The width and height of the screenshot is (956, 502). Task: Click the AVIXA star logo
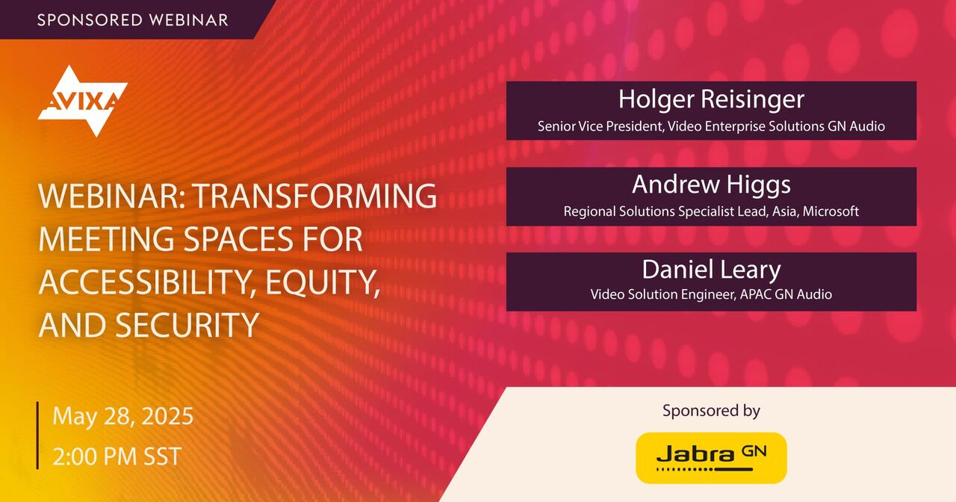pos(82,100)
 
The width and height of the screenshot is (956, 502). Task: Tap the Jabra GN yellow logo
pos(711,457)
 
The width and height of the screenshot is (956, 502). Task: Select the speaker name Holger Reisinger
pos(711,99)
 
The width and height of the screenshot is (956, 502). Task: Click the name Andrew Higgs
pos(711,184)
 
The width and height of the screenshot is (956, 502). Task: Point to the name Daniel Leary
pos(711,269)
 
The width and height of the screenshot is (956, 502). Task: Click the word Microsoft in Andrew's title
pos(831,211)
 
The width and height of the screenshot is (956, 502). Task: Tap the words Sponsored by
pos(711,410)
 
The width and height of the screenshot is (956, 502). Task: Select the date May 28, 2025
pos(122,416)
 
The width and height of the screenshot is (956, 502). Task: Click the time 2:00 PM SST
pos(117,456)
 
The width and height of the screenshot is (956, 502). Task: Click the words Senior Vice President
pos(600,126)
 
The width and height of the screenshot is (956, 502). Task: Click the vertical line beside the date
pos(38,436)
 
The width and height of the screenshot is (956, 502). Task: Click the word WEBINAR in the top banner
pos(191,20)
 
